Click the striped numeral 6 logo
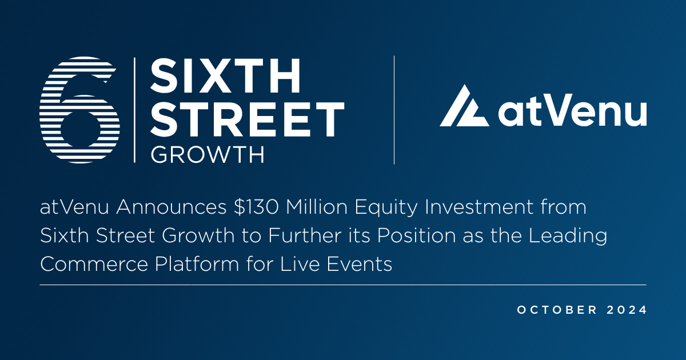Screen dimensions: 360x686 click(80, 109)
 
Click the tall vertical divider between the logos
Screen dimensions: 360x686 click(394, 110)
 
